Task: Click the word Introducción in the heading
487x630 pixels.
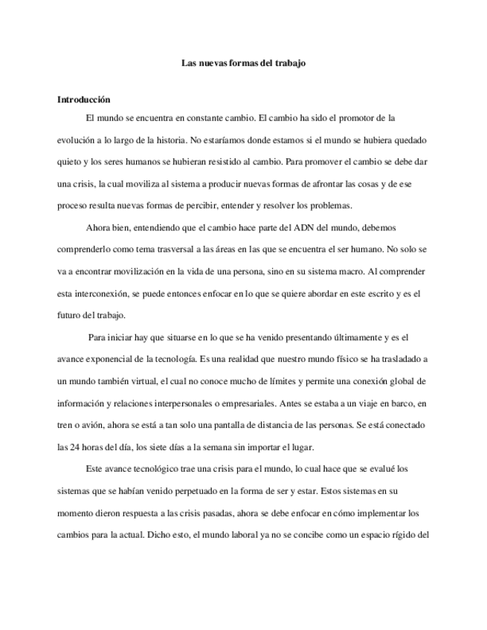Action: pyautogui.click(x=84, y=99)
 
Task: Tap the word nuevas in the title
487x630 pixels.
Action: pyautogui.click(x=213, y=63)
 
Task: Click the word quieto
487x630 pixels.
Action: pyautogui.click(x=71, y=160)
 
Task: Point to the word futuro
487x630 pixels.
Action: pyautogui.click(x=70, y=315)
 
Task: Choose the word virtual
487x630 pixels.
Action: pyautogui.click(x=161, y=381)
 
